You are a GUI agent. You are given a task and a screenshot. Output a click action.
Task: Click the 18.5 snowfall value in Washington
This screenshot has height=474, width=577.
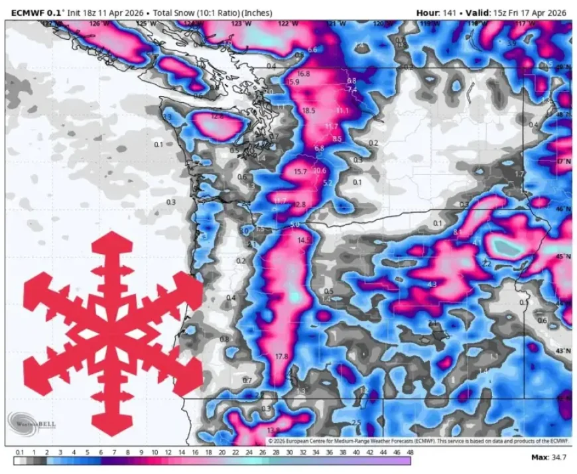308,111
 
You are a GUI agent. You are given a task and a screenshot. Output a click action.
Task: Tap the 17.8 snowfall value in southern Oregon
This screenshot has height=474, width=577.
281,357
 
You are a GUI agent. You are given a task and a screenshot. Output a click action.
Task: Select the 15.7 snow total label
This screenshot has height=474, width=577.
300,172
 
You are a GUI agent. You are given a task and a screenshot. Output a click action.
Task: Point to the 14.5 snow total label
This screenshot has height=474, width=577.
304,240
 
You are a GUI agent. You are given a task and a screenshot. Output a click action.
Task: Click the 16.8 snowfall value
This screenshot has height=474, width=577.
303,74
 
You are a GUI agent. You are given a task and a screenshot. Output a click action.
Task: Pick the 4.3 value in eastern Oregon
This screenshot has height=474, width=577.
432,284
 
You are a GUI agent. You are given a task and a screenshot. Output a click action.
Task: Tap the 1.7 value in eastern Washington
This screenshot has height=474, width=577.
519,174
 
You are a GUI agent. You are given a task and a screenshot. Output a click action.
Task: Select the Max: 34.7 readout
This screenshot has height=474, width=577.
548,457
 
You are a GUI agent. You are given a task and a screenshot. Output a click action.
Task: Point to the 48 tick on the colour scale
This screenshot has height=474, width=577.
410,452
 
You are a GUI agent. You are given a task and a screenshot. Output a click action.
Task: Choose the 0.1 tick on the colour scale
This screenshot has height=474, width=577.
19,452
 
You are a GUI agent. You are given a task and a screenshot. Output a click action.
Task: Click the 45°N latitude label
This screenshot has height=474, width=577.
563,256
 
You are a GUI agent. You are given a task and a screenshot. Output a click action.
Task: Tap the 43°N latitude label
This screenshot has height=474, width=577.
563,350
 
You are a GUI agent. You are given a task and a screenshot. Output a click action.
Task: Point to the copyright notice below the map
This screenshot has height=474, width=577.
418,440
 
